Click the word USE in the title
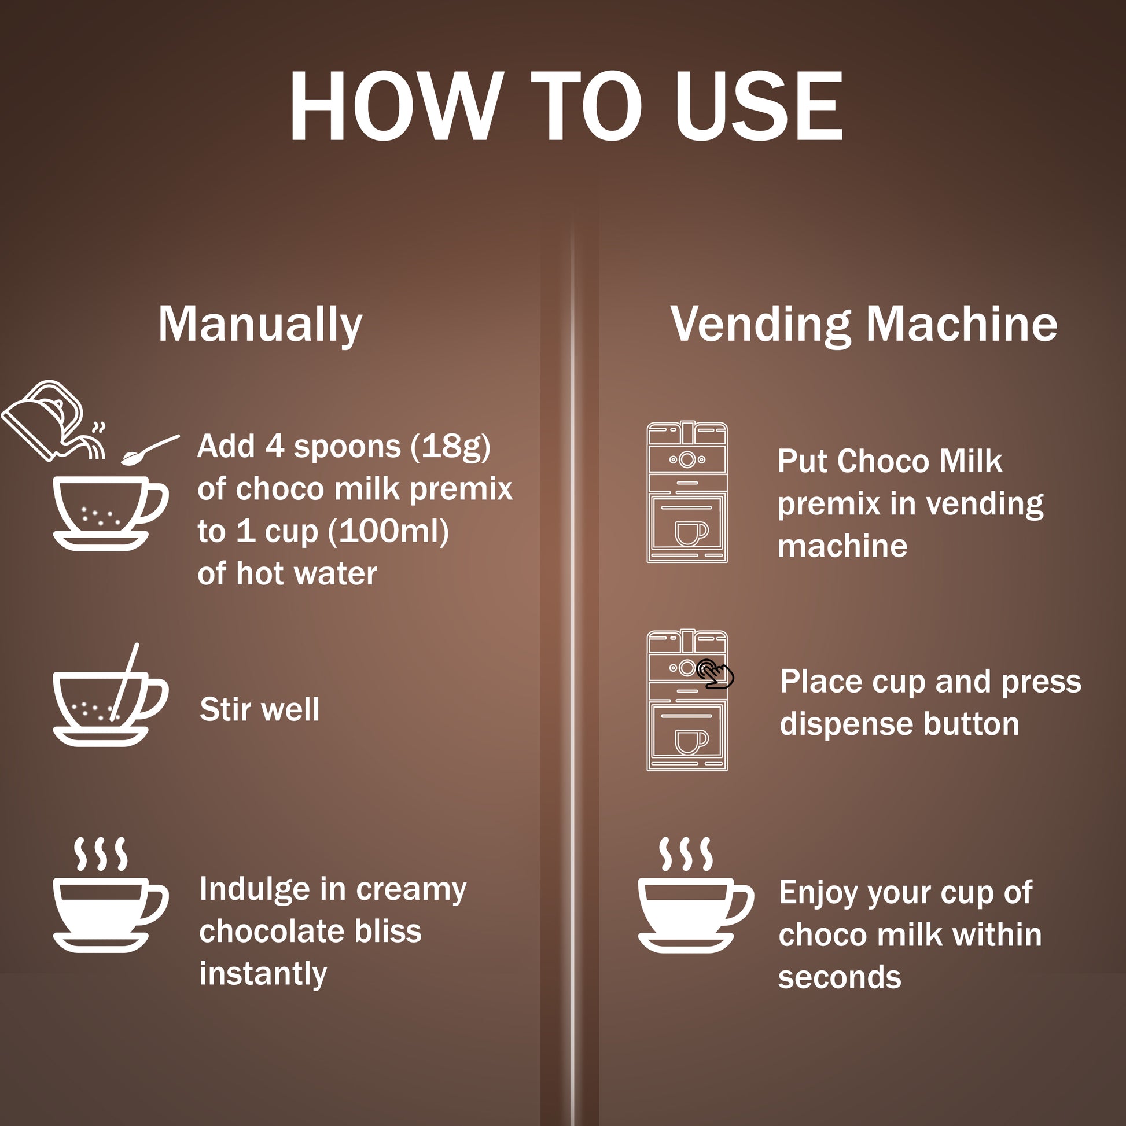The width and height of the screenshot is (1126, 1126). (x=758, y=106)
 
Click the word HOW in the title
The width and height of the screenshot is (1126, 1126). (x=396, y=106)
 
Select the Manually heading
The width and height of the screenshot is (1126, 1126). (x=260, y=325)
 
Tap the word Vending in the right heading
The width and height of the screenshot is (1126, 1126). (x=760, y=325)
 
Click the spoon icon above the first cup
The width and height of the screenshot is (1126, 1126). (x=150, y=450)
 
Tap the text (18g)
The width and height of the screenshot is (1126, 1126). (x=450, y=447)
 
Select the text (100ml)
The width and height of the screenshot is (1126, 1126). (x=388, y=532)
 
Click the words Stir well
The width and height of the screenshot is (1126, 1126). (x=259, y=709)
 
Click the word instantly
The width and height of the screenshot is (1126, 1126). (x=263, y=975)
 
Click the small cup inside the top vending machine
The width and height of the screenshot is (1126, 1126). (x=691, y=533)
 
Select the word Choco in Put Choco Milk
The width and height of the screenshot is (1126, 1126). (x=883, y=462)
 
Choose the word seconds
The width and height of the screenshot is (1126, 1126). (x=840, y=977)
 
